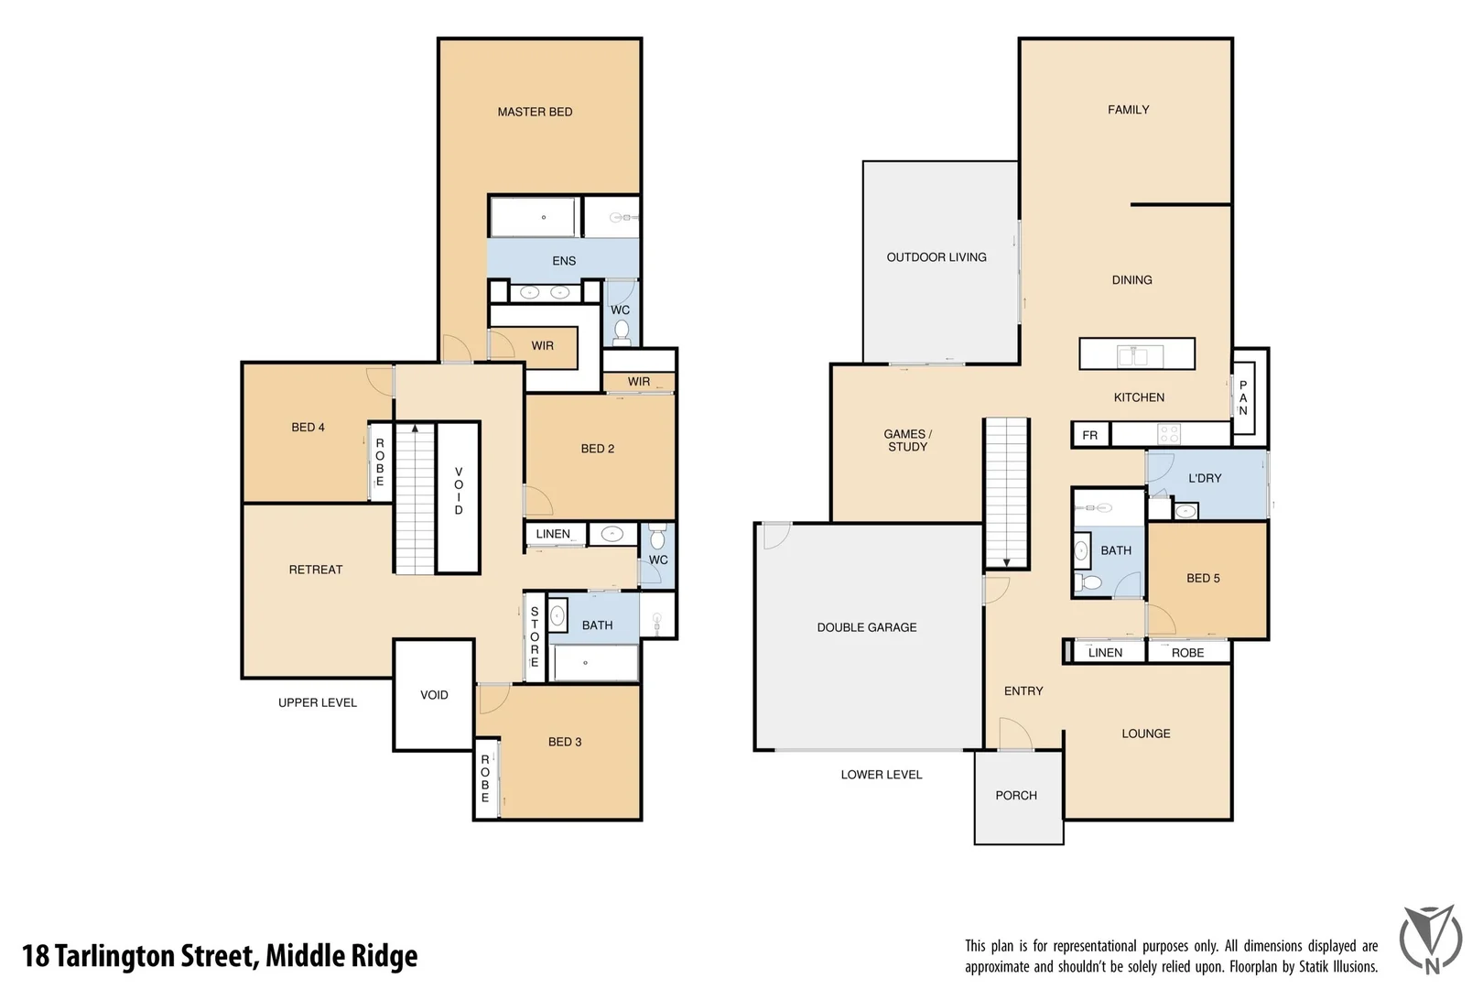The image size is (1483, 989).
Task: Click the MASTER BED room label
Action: (x=535, y=112)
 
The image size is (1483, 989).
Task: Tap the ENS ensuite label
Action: (x=564, y=261)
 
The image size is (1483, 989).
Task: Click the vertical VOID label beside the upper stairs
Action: (x=459, y=491)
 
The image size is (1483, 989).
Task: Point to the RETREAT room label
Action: (x=315, y=570)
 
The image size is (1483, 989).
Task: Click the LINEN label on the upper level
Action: (x=553, y=534)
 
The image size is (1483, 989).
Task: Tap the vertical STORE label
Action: (x=535, y=636)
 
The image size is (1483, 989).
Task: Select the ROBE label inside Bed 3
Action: (x=485, y=778)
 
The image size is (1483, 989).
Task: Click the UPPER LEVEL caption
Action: (x=318, y=702)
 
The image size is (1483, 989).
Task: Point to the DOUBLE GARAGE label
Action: (x=867, y=627)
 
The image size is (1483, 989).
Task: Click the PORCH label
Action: (x=1016, y=796)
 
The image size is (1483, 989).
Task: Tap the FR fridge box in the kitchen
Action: (x=1089, y=435)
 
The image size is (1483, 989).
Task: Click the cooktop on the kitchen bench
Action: (x=1169, y=434)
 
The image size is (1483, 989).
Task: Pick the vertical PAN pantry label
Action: (x=1243, y=398)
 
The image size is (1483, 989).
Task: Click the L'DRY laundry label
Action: (x=1205, y=478)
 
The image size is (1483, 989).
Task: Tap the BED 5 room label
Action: (x=1203, y=578)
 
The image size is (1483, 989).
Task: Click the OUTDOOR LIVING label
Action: (x=936, y=257)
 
